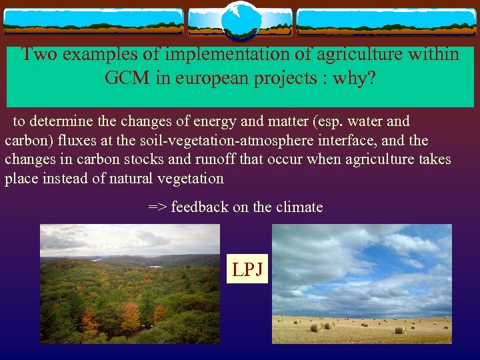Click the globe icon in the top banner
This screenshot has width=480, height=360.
tap(240, 20)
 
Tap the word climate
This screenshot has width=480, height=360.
tap(299, 207)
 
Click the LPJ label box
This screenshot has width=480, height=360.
tap(247, 269)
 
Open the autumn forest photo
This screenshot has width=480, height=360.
tap(130, 283)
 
